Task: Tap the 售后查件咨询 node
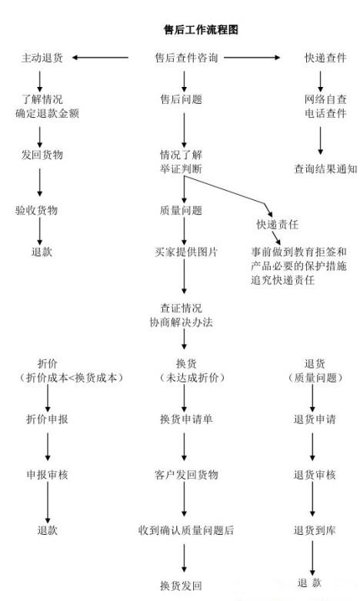coord(185,58)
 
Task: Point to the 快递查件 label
coord(321,58)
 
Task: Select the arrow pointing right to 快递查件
coord(257,58)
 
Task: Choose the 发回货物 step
coord(42,155)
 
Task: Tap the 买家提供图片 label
coord(185,252)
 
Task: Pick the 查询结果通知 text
coord(325,169)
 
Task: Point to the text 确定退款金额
coord(52,114)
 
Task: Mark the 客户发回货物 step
coord(185,475)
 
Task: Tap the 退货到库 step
coord(315,530)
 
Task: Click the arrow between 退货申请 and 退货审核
coord(313,447)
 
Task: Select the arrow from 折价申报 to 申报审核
coord(48,447)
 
